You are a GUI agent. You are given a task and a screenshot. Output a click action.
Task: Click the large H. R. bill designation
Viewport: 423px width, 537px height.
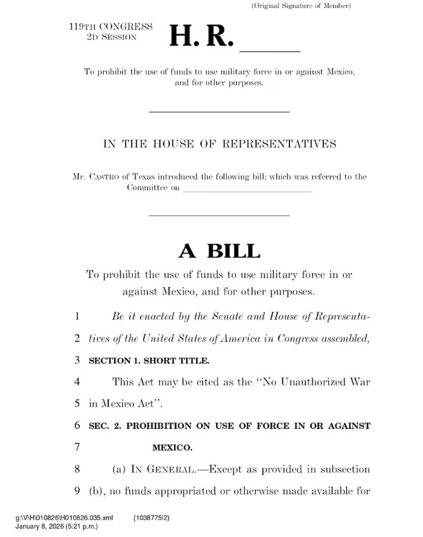tap(200, 37)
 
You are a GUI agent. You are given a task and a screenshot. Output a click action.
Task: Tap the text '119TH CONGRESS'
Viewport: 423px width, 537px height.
tap(111, 26)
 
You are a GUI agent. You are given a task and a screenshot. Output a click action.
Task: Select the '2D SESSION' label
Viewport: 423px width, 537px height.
tap(112, 37)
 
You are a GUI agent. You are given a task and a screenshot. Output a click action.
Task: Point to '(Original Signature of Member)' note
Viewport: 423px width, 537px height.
tap(301, 6)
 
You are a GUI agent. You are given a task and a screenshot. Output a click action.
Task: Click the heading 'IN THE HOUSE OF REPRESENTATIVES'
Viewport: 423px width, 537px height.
tap(220, 144)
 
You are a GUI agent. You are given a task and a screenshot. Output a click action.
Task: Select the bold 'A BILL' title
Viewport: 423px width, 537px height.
tap(220, 251)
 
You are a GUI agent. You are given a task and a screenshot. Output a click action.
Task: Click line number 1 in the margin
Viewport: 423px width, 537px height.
tap(77, 317)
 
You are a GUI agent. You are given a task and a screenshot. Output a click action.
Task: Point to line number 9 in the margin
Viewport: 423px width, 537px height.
tap(77, 491)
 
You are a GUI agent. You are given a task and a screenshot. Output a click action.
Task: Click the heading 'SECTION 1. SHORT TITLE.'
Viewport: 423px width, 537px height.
tap(150, 361)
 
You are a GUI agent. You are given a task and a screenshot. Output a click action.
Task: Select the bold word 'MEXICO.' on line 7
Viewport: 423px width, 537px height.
tap(172, 448)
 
